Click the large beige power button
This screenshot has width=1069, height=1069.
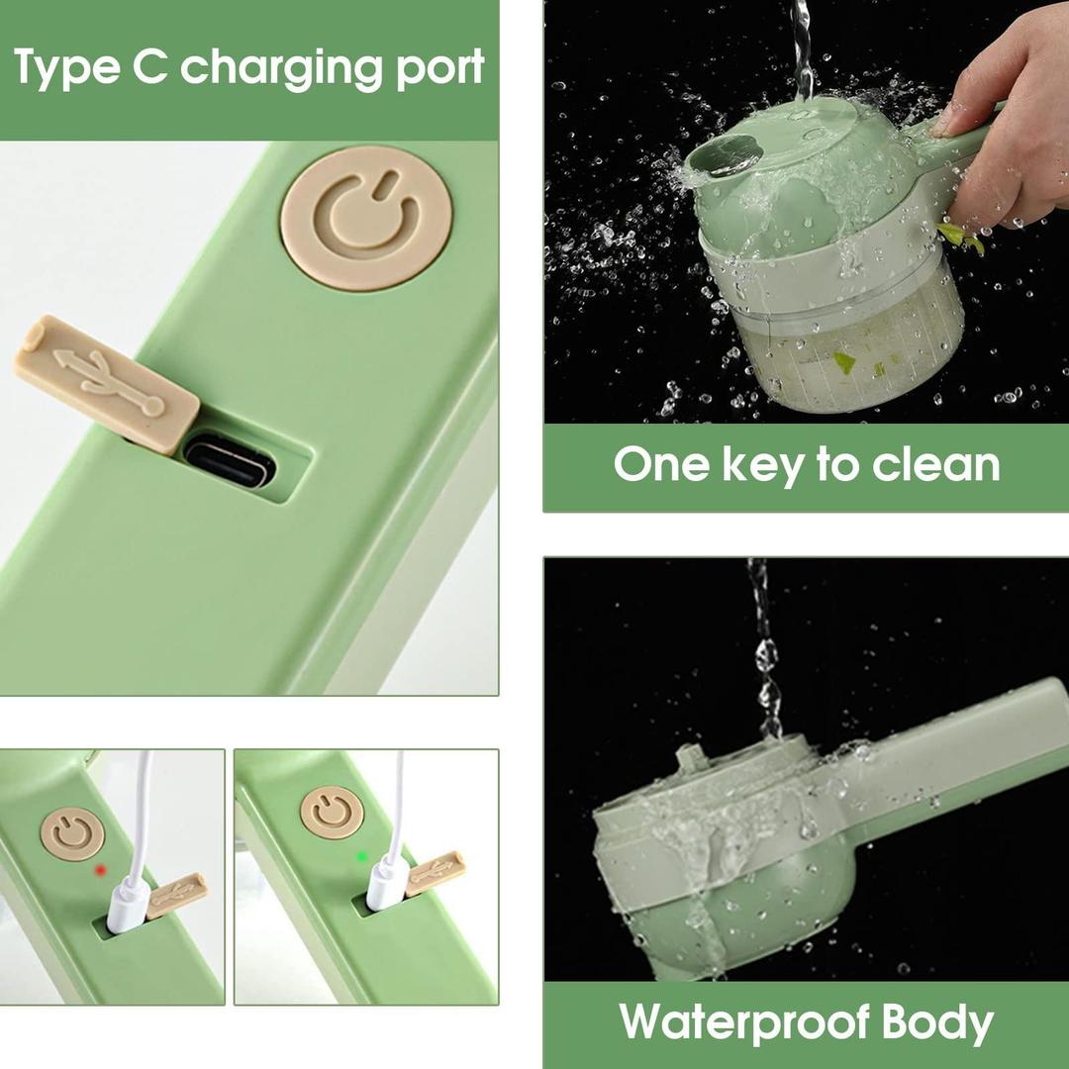[367, 218]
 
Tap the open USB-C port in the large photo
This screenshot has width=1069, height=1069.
[231, 462]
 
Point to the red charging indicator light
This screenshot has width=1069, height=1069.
[101, 870]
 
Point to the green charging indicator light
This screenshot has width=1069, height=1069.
[362, 856]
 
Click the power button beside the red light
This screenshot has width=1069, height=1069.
[72, 833]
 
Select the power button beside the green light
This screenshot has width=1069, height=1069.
[332, 812]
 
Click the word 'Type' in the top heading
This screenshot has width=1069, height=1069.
[67, 68]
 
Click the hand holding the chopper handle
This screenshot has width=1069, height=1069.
[1009, 123]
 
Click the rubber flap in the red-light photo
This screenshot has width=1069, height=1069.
[176, 895]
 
